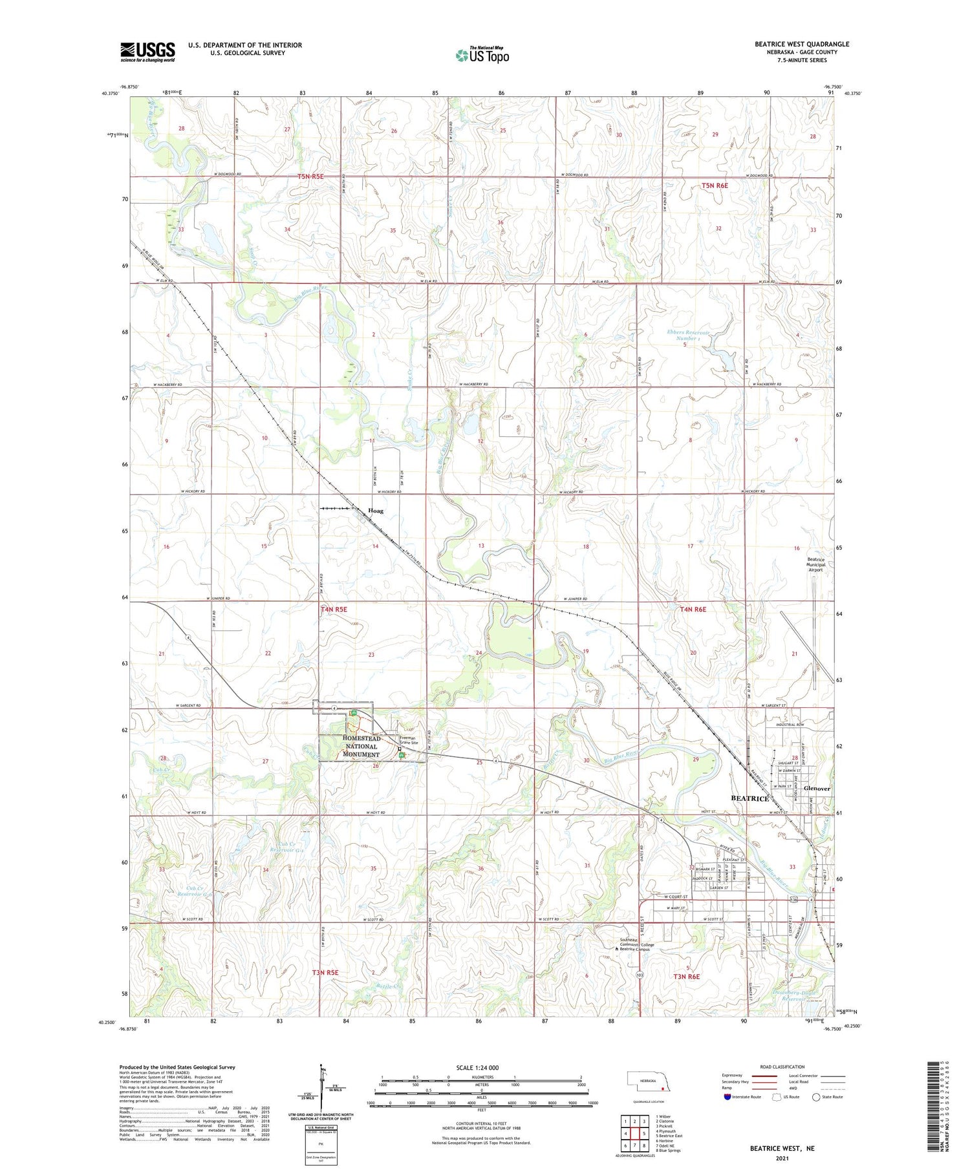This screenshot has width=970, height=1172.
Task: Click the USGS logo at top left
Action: point(147,52)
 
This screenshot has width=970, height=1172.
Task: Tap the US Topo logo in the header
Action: point(482,56)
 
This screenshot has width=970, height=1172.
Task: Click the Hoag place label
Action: point(375,511)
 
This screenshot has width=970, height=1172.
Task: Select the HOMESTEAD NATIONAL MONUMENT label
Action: point(361,746)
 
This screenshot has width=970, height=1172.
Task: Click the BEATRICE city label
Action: point(749,798)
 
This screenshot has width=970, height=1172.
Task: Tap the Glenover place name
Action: point(816,789)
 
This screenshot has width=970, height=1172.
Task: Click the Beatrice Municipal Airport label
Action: point(815,564)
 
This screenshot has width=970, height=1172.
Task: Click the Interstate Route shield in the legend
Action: point(727,1097)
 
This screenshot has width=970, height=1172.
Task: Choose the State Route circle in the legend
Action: point(816,1097)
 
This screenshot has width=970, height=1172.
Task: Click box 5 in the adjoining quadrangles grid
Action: point(644,1133)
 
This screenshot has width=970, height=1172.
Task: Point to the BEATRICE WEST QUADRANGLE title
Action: point(801,44)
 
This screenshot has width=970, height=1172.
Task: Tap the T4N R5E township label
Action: point(334,609)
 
